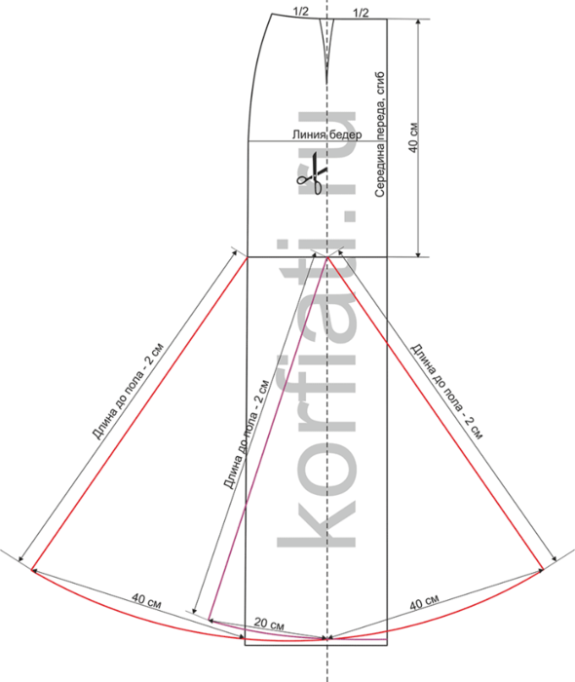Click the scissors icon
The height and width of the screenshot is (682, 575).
tap(312, 173)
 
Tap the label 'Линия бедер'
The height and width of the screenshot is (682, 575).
tap(326, 134)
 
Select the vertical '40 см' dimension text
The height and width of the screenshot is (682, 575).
tap(413, 137)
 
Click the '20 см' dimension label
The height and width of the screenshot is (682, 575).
tap(269, 624)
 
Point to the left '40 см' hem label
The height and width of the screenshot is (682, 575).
tap(146, 601)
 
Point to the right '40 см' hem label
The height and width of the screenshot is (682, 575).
tap(424, 602)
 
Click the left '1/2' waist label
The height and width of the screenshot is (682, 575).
tap(300, 12)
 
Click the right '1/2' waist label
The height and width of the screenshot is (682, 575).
tap(361, 13)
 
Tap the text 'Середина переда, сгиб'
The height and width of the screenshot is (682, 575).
tap(380, 134)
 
